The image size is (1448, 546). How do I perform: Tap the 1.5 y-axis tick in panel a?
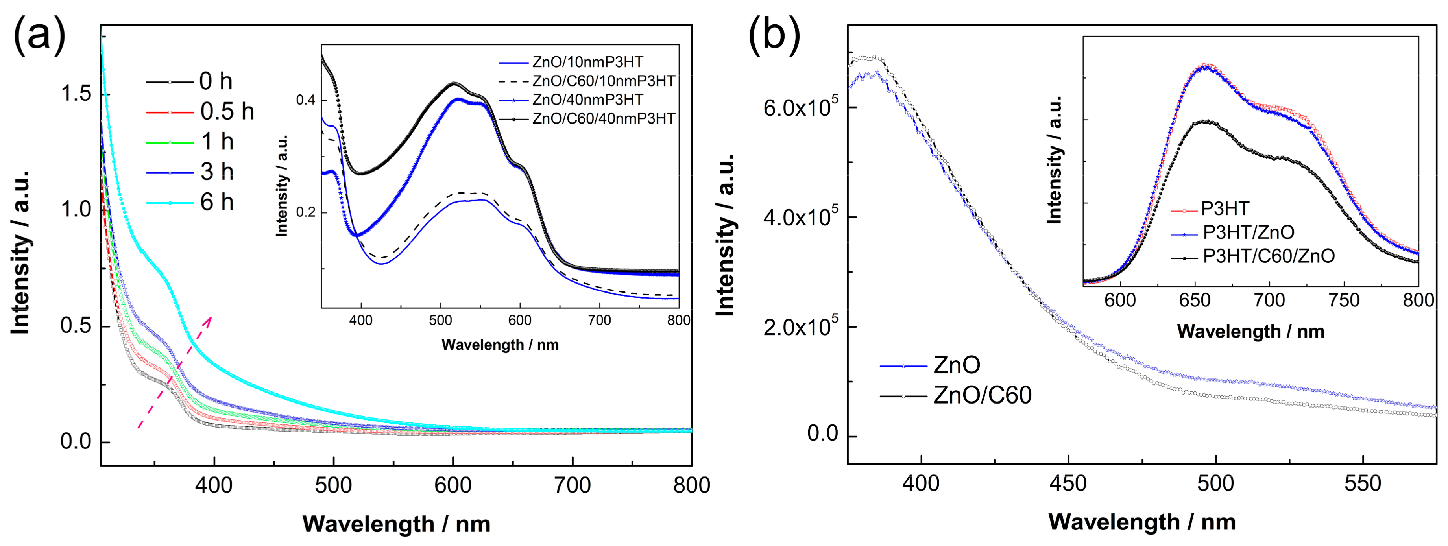75,94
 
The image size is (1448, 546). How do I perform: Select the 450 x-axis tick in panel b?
1068,483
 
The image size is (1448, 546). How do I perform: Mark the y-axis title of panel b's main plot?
725,235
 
